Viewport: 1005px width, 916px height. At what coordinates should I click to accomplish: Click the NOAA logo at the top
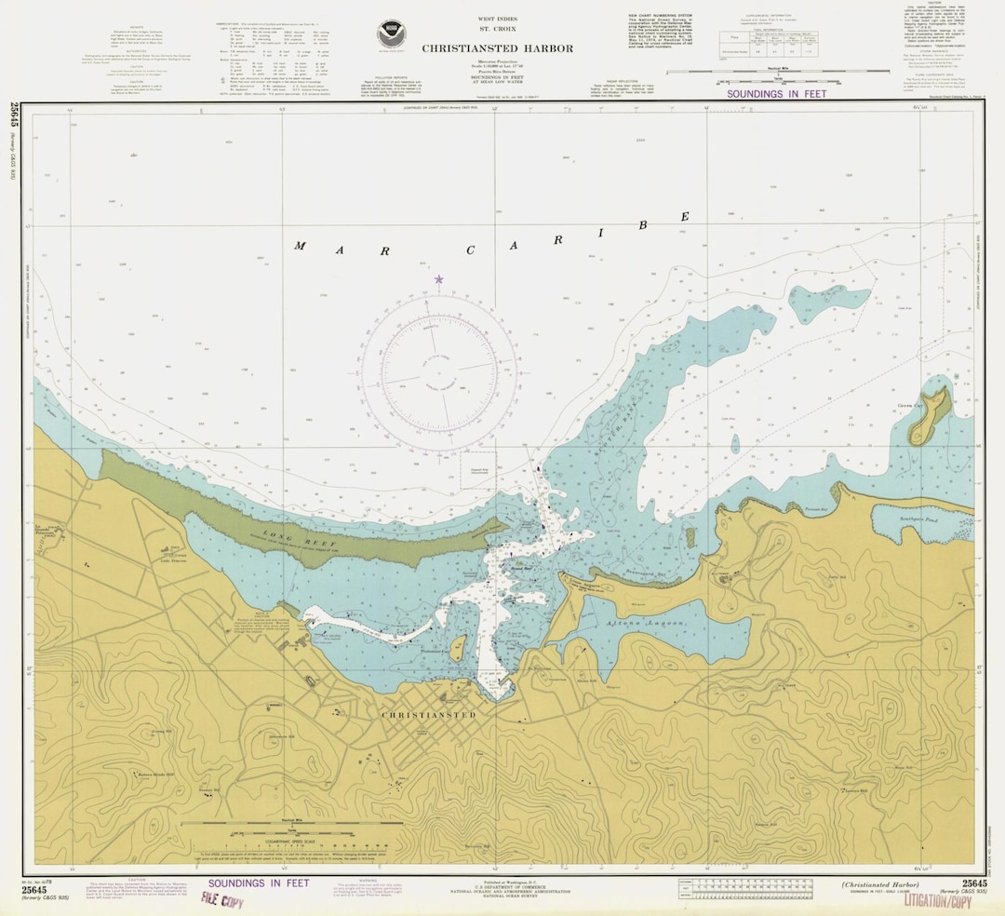[392, 34]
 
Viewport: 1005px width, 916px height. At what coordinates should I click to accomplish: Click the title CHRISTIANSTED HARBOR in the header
[497, 48]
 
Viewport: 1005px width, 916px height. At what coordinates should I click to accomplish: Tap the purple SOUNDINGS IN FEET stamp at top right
[776, 94]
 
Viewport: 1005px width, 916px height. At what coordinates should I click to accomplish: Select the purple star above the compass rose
[438, 278]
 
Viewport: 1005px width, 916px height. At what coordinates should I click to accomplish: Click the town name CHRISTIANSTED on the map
[428, 715]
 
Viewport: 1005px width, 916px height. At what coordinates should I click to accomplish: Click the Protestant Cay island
[458, 648]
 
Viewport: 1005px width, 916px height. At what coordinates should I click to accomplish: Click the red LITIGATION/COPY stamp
[937, 902]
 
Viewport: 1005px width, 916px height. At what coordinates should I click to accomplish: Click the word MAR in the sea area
[315, 247]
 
